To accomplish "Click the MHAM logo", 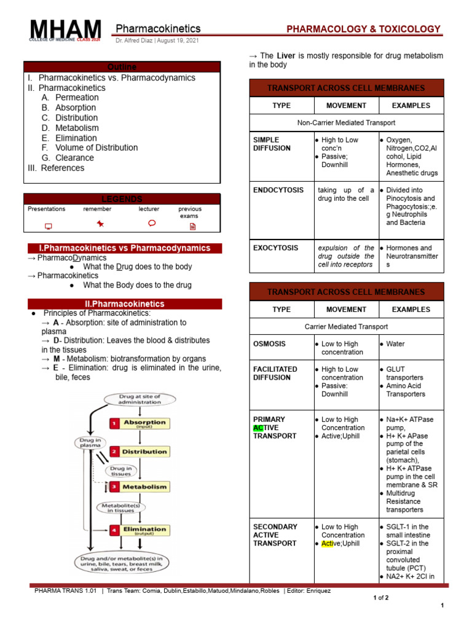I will pyautogui.click(x=65, y=31).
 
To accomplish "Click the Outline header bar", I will pyautogui.click(x=122, y=66).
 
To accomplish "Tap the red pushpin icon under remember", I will pyautogui.click(x=100, y=225).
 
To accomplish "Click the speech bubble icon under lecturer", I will pyautogui.click(x=152, y=224).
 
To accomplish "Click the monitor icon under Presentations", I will pyautogui.click(x=49, y=226).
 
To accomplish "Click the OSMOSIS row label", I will pyautogui.click(x=269, y=344).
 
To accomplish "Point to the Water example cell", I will pyautogui.click(x=395, y=344).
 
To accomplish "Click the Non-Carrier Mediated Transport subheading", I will pyautogui.click(x=346, y=123).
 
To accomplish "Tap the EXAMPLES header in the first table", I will pyautogui.click(x=411, y=106).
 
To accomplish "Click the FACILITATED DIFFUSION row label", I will pyautogui.click(x=275, y=373).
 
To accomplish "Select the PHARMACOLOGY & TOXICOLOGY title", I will pyautogui.click(x=364, y=29).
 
